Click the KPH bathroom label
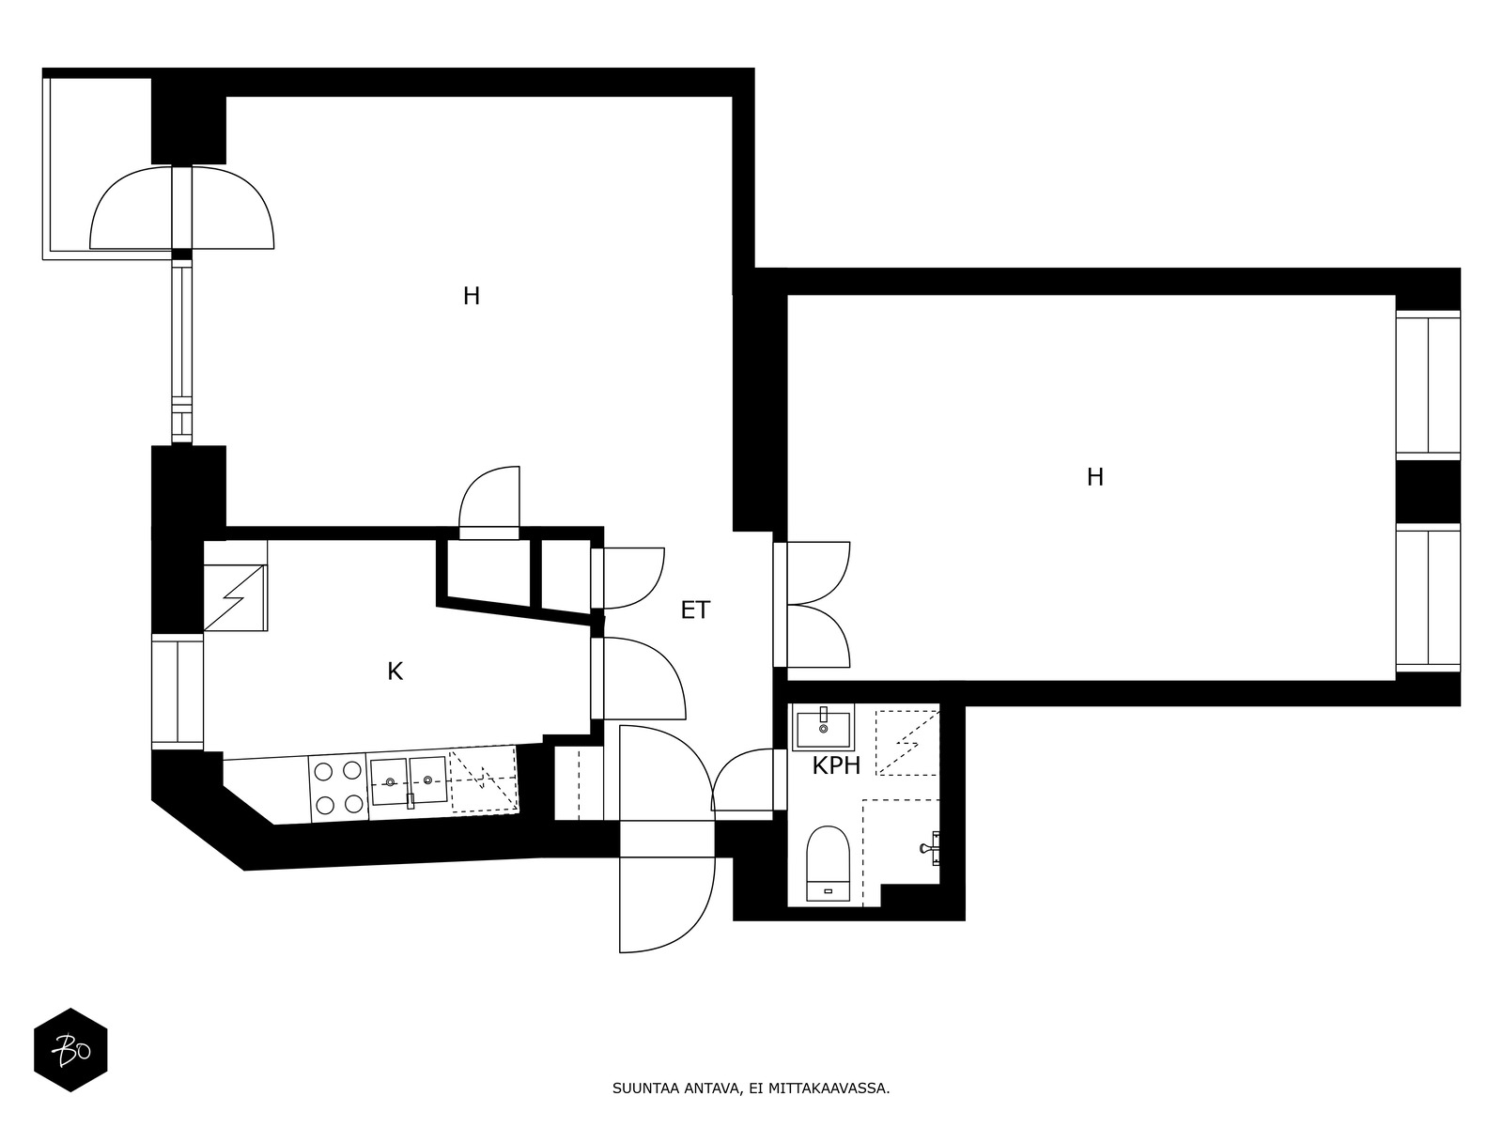click(835, 765)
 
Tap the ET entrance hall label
click(695, 610)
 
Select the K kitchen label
click(395, 672)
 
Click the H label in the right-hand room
click(1095, 477)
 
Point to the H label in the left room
click(472, 296)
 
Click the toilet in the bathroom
click(828, 863)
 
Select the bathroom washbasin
click(823, 727)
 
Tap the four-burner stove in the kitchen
click(337, 788)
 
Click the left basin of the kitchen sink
click(389, 780)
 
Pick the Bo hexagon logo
click(70, 1050)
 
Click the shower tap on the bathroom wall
click(930, 848)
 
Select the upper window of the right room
click(1428, 384)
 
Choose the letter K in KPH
click(820, 765)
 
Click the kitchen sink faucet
click(411, 799)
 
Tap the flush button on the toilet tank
click(828, 891)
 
